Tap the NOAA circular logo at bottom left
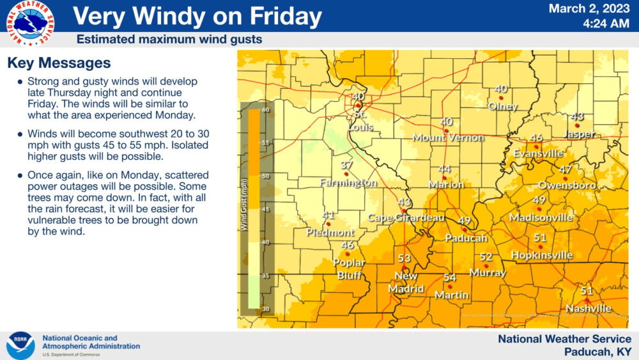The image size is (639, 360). (20, 345)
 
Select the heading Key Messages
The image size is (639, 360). (59, 63)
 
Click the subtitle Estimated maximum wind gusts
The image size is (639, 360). (169, 40)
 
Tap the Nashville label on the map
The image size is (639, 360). (589, 309)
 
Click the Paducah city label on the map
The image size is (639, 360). (465, 238)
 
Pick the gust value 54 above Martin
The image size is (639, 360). (450, 278)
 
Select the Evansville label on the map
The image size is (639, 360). (538, 153)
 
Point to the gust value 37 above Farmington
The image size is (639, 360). (347, 166)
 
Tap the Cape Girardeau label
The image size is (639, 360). (406, 217)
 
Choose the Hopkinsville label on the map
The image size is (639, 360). (542, 255)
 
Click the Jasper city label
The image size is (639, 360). (580, 134)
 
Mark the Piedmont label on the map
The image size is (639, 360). (330, 232)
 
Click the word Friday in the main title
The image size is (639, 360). (284, 16)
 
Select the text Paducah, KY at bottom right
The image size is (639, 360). (598, 351)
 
